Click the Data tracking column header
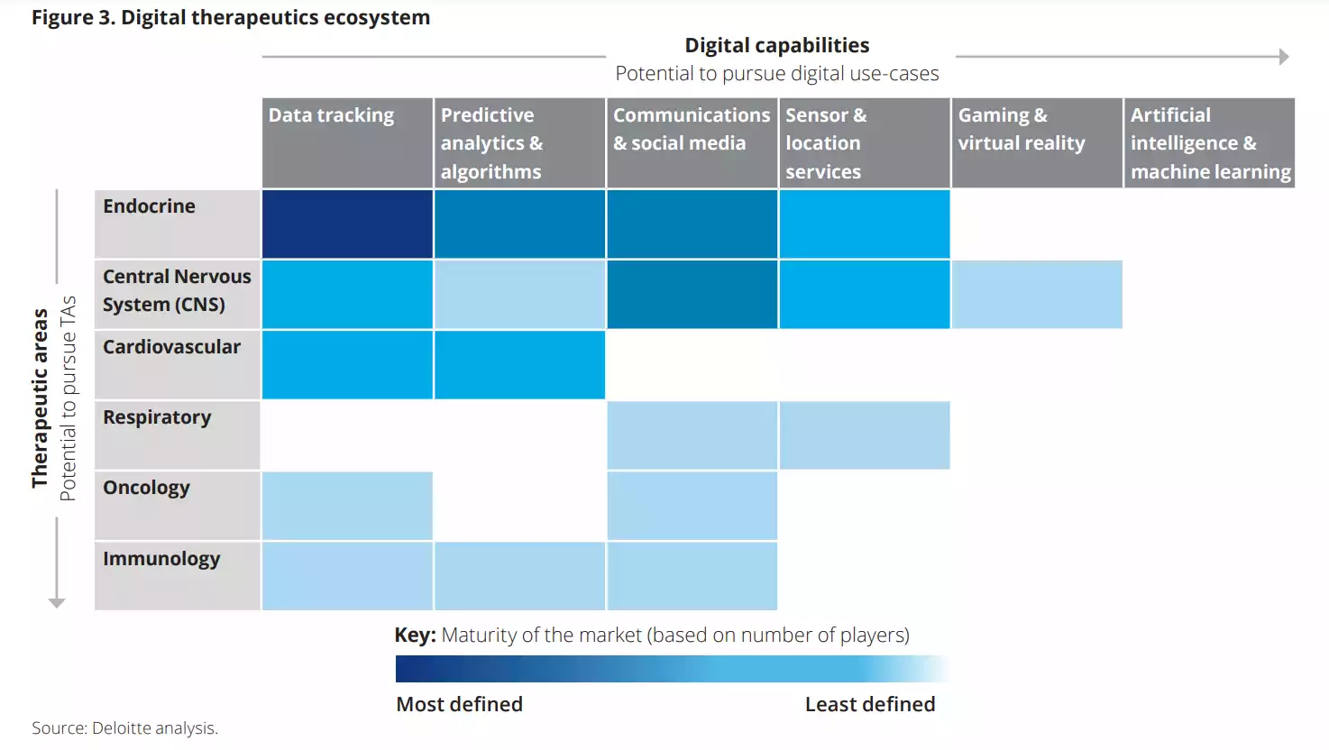pos(347,142)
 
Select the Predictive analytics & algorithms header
pos(519,142)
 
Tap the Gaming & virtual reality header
pos(1036,142)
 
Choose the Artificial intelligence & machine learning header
pos(1209,142)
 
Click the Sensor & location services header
pos(864,142)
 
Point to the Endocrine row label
pos(178,224)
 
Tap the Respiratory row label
pos(178,434)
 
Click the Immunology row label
pos(178,575)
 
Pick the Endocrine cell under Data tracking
pos(347,224)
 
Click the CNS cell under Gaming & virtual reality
pos(1037,294)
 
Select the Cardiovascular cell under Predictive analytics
pos(519,364)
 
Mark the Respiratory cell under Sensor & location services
pos(864,434)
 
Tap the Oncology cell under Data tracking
pos(347,505)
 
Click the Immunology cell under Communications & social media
pos(692,575)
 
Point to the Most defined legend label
pos(459,704)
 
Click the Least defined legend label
pos(870,704)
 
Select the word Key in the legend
pos(414,635)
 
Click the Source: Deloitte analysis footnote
pos(124,727)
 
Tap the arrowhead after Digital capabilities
pos(1284,57)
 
